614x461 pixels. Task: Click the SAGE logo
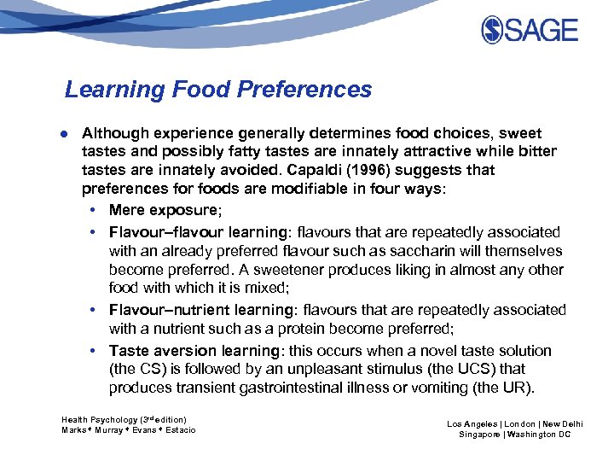[529, 31]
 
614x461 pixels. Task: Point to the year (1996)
[368, 170]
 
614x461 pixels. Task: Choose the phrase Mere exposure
[164, 210]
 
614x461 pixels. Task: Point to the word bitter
[536, 152]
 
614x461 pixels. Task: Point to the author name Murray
[110, 430]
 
